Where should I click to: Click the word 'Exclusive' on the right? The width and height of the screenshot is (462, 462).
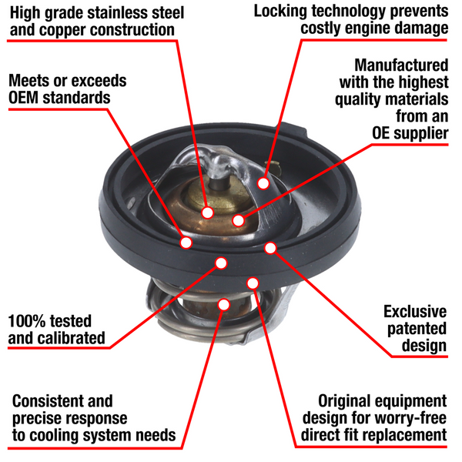pos(415,312)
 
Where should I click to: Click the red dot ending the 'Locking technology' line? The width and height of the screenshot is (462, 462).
pos(263,183)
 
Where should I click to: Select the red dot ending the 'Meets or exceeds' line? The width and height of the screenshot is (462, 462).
pos(186,243)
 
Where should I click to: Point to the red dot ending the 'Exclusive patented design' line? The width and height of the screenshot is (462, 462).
pos(270,247)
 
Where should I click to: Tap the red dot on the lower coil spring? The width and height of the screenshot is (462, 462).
pos(223,304)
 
